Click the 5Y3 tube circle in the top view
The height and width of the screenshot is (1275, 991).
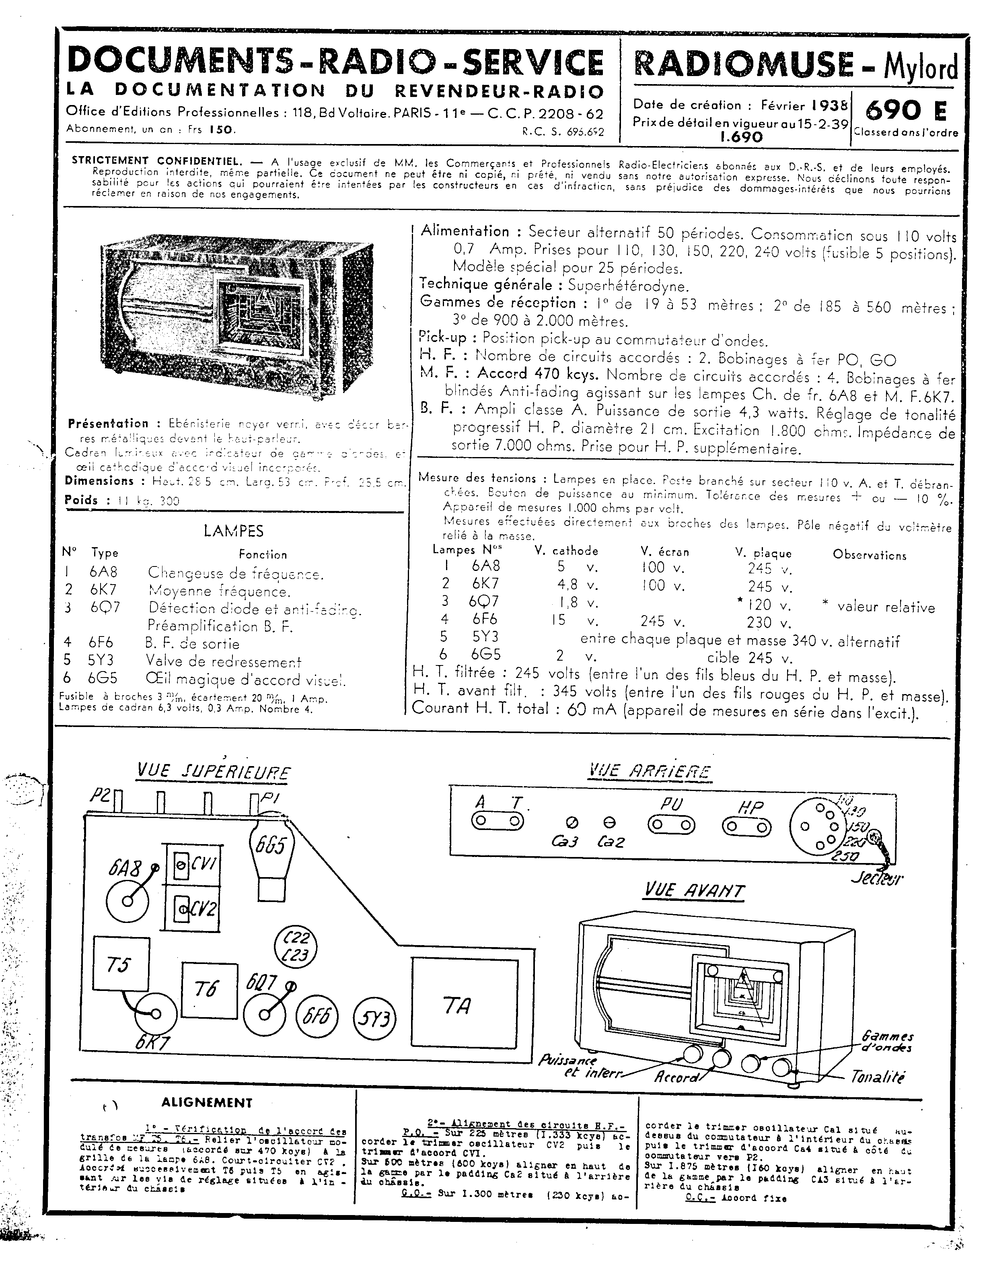[x=374, y=1019]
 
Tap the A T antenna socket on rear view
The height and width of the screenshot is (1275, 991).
[x=497, y=821]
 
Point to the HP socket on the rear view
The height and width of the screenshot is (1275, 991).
[x=746, y=827]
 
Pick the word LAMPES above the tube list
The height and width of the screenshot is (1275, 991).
[x=233, y=531]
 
